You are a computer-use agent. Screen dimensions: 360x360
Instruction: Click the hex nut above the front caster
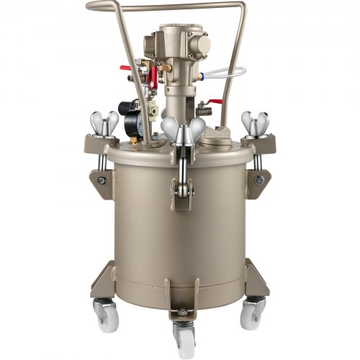click(183, 312)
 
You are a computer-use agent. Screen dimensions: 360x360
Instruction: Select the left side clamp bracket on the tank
click(96, 176)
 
